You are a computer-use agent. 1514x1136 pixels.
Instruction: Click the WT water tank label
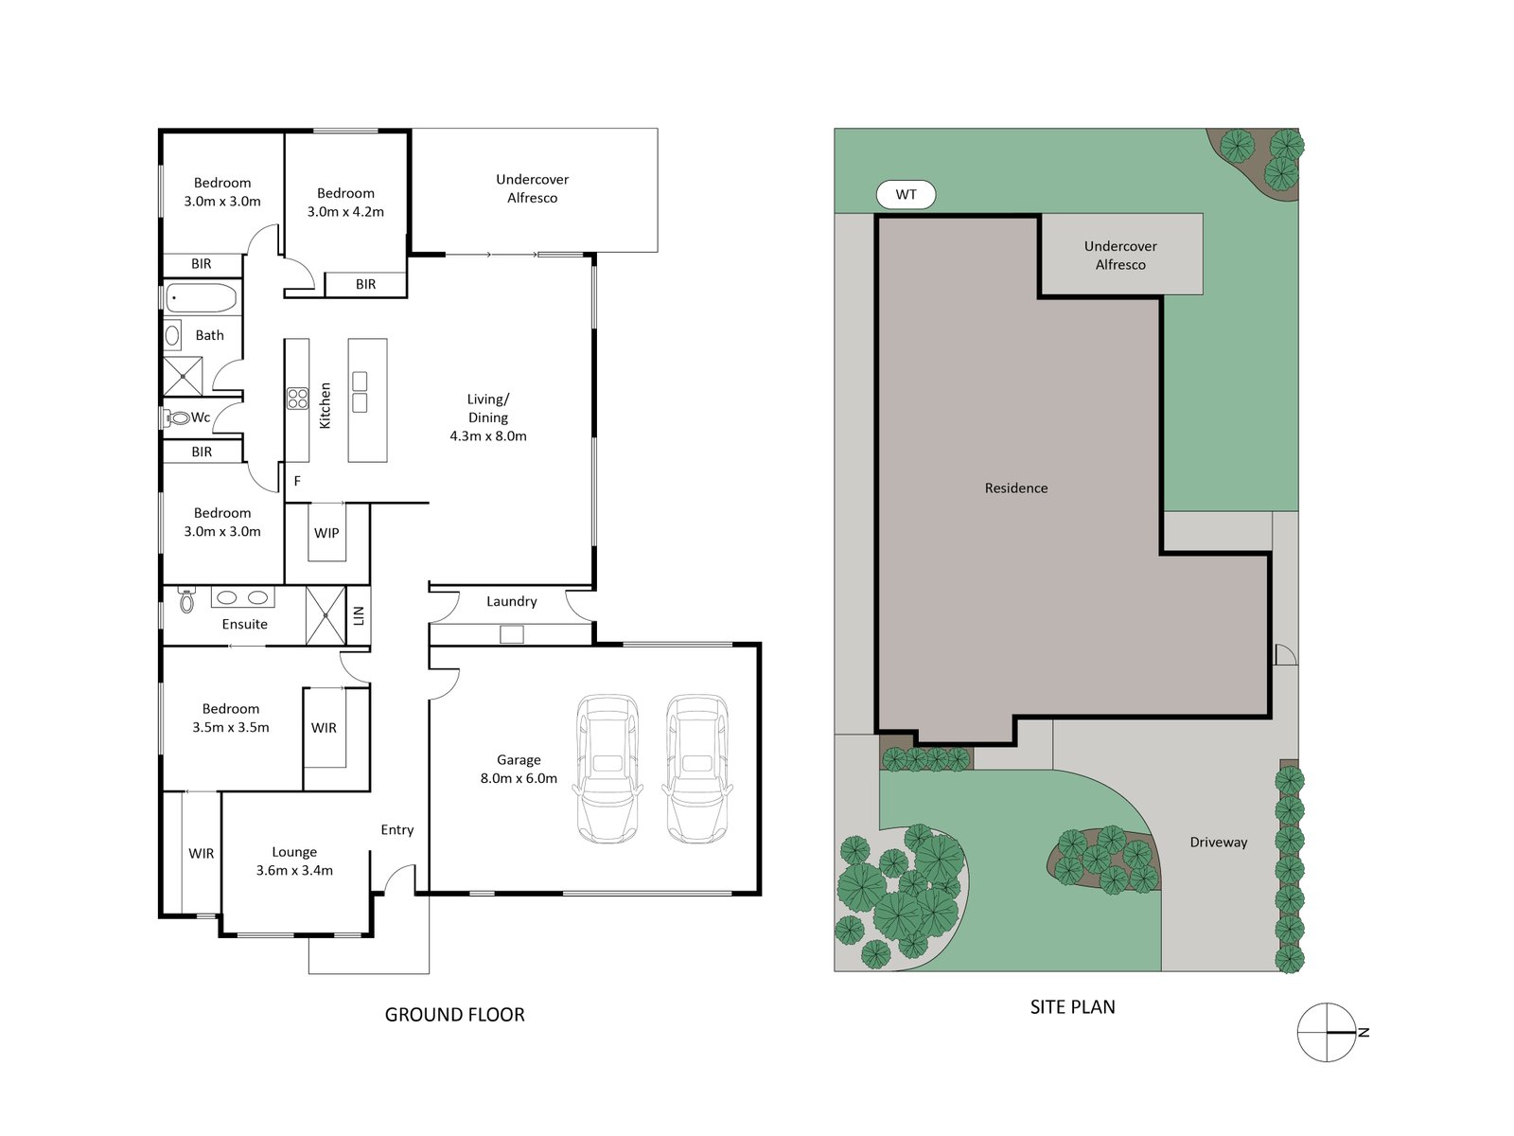pos(906,195)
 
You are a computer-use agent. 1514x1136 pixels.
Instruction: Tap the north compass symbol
pos(1328,1032)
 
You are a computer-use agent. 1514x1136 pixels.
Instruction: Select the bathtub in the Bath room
pos(201,299)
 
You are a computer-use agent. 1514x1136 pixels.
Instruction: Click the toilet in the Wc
pos(179,417)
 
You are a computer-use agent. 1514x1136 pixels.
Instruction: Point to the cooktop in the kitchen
pos(297,399)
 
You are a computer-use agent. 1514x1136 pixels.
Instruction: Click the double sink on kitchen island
pos(360,392)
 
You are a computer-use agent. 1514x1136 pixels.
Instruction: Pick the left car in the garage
pos(607,769)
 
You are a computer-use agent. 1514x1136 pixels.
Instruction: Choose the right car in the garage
pos(697,769)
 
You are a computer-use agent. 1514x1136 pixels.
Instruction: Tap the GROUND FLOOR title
pos(454,1015)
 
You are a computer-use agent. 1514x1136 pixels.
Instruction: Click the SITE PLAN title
pos(1072,1007)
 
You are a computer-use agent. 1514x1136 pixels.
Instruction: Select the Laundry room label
pos(511,602)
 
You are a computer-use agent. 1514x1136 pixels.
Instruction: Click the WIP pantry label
pos(326,533)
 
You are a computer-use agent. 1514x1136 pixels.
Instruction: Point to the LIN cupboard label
pos(359,616)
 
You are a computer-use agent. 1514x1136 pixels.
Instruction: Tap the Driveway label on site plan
pos(1218,843)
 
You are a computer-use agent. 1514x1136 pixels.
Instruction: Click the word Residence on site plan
pos(1015,488)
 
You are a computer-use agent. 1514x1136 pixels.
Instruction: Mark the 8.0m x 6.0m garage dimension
pos(519,779)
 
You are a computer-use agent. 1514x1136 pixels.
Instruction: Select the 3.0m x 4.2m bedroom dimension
pos(345,212)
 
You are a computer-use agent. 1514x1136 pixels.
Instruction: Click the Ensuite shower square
pos(326,616)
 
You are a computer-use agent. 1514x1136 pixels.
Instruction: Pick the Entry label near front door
pos(396,830)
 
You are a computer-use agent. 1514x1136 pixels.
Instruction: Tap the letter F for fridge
pos(297,482)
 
